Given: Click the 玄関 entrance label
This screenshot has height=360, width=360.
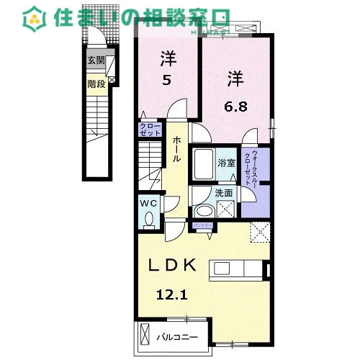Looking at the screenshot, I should [x=96, y=61].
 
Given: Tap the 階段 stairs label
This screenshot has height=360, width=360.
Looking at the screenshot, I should [x=96, y=84].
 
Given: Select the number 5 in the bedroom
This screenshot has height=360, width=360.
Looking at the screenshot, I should [x=166, y=80].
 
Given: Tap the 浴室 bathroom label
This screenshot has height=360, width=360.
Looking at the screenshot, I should [x=227, y=163].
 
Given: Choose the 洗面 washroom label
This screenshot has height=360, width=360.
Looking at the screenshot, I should [x=223, y=193].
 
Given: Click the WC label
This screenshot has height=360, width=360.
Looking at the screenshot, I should [x=148, y=204].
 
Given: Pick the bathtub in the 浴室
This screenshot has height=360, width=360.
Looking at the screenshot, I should [x=203, y=164].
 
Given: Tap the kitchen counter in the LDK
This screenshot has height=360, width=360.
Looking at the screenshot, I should [x=237, y=269].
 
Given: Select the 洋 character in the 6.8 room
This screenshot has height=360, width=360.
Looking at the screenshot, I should [x=235, y=76].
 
